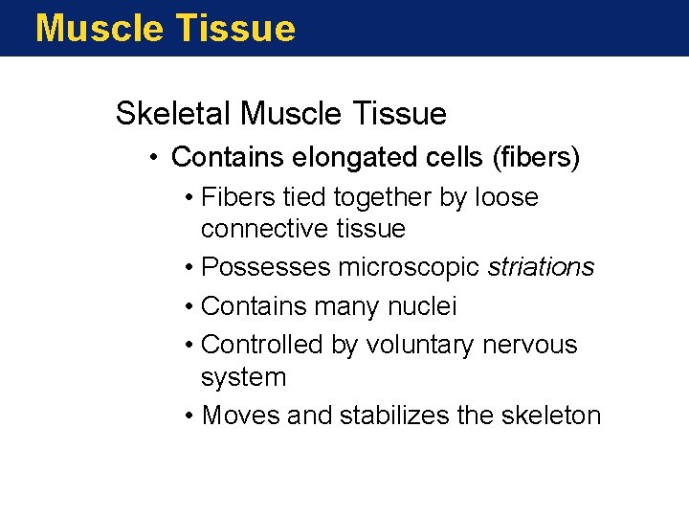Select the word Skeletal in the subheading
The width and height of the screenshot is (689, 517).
[x=173, y=114]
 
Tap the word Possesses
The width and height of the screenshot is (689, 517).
[x=266, y=267]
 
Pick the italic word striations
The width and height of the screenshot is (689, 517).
[x=541, y=267]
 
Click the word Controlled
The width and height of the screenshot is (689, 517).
[x=262, y=345]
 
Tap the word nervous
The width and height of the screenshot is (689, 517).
[x=531, y=345]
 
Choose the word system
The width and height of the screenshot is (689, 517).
[x=243, y=377]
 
